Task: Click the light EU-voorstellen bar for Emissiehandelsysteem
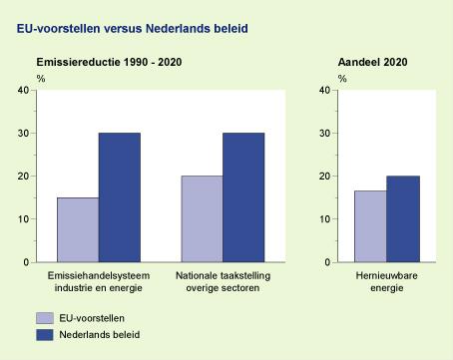[78, 229]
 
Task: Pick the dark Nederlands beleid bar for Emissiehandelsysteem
[119, 197]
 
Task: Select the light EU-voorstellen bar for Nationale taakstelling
[202, 218]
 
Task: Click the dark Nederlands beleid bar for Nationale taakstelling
[243, 197]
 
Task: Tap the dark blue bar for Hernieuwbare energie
[403, 218]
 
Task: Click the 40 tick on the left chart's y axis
[23, 91]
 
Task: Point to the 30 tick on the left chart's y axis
[23, 134]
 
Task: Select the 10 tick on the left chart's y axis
[23, 219]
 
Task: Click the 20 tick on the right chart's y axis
[324, 177]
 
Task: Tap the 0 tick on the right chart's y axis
[327, 262]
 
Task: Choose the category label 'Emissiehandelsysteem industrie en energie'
[98, 280]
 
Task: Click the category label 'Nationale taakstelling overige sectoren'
[223, 280]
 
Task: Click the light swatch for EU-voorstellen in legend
[45, 317]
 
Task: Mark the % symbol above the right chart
[342, 77]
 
